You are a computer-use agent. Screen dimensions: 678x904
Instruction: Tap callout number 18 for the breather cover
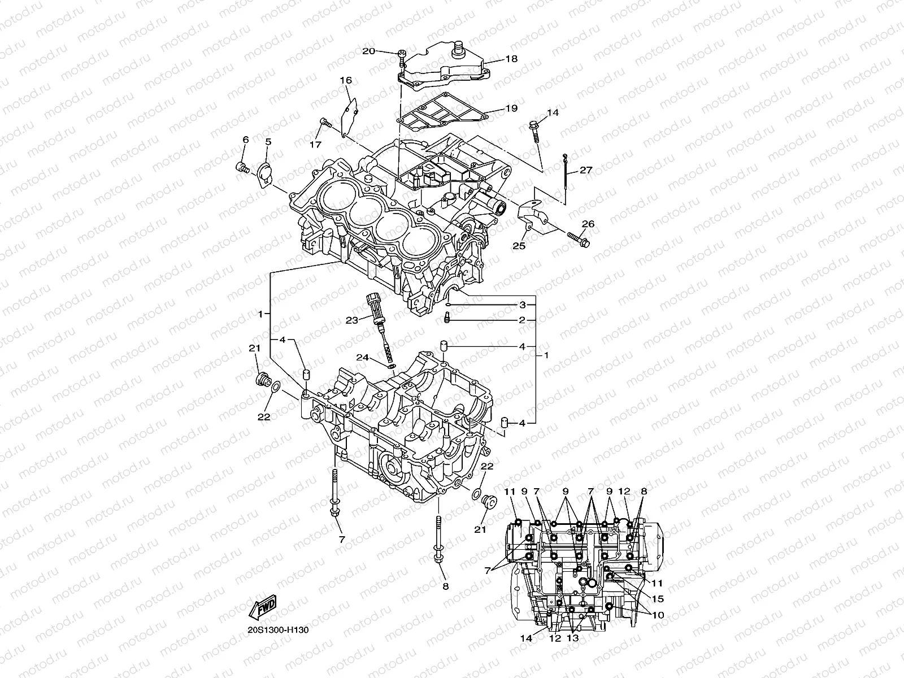[x=511, y=59]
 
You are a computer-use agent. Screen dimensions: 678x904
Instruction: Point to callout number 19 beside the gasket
[x=511, y=108]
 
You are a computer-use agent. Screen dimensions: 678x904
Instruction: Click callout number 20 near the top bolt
[x=368, y=51]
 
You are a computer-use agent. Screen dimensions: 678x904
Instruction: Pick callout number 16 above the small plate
[x=345, y=81]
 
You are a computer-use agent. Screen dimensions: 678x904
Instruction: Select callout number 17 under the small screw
[x=315, y=145]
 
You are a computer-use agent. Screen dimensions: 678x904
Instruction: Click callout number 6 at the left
[x=246, y=140]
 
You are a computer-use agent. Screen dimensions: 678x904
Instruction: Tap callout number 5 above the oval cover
[x=268, y=141]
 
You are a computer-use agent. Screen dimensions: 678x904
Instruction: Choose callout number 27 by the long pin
[x=586, y=170]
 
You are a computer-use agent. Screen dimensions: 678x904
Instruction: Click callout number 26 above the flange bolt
[x=588, y=224]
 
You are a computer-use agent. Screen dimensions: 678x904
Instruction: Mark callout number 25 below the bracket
[x=519, y=246]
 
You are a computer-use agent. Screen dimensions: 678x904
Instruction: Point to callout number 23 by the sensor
[x=352, y=320]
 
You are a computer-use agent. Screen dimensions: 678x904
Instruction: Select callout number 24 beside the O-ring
[x=362, y=357]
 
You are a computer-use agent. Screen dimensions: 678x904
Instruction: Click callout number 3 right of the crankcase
[x=523, y=305]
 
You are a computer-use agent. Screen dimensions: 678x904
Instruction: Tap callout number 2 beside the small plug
[x=523, y=320]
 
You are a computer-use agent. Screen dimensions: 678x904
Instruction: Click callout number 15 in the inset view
[x=658, y=599]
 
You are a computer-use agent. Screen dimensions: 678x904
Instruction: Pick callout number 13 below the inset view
[x=573, y=638]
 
